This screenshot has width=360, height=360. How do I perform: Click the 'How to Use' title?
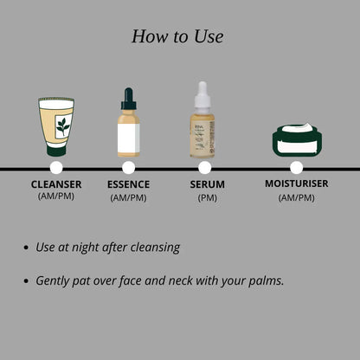click(177, 36)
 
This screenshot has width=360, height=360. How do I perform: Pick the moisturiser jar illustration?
click(297, 140)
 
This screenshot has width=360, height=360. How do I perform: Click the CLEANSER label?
click(56, 184)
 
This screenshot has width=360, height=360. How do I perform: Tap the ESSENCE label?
click(128, 184)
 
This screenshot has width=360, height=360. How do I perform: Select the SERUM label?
click(207, 184)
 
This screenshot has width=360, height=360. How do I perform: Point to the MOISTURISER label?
click(298, 183)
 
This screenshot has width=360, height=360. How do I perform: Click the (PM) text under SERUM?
click(207, 197)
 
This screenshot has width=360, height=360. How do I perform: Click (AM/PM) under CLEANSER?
click(56, 196)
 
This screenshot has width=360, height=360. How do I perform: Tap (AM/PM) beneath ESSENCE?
click(128, 197)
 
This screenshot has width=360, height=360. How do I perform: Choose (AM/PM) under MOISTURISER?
click(297, 196)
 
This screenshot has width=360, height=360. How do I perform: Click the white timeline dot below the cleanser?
click(56, 167)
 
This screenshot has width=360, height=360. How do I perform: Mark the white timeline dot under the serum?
click(205, 167)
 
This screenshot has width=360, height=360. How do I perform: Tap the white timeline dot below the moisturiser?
click(297, 167)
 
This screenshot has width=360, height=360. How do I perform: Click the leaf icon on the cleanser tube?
click(62, 126)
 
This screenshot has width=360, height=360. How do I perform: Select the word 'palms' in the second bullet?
click(261, 281)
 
